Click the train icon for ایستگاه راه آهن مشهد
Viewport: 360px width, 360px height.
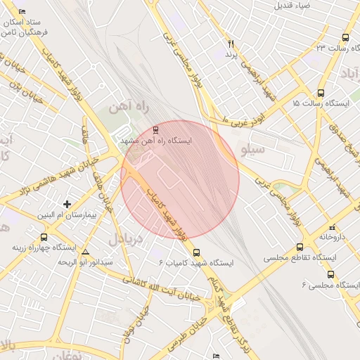coord(156,129)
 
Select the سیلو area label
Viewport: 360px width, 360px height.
coord(253,150)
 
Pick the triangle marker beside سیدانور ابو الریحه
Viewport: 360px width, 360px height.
coord(86,252)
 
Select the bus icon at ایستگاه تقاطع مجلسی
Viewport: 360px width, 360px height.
coord(300,247)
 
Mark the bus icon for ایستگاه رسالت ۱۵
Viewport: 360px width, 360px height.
coord(321,93)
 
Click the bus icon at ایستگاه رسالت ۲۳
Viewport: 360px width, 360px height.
coord(345,37)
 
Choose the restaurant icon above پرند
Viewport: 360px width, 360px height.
coord(229,44)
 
